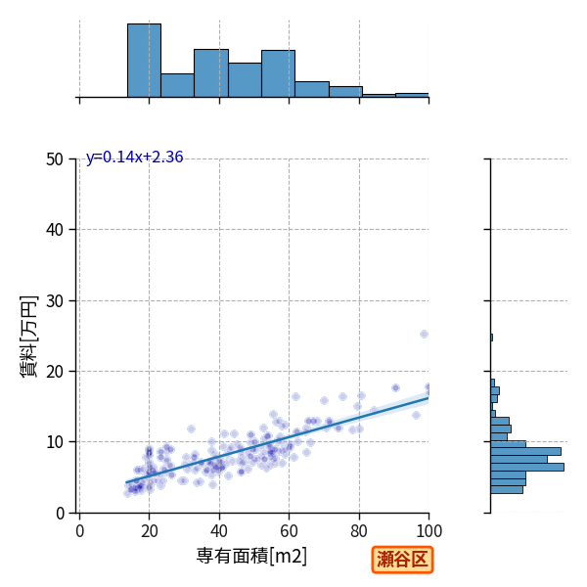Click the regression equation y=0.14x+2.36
pyautogui.click(x=134, y=158)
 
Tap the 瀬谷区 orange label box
pyautogui.click(x=402, y=560)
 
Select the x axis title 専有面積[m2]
pyautogui.click(x=251, y=556)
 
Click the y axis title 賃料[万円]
pyautogui.click(x=28, y=337)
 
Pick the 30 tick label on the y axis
pyautogui.click(x=55, y=301)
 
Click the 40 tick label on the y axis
pyautogui.click(x=55, y=230)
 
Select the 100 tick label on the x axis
pyautogui.click(x=429, y=531)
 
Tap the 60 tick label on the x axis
pyautogui.click(x=289, y=531)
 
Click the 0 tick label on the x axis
pyautogui.click(x=80, y=531)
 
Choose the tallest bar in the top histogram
pyautogui.click(x=144, y=61)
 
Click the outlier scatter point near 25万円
pyautogui.click(x=424, y=334)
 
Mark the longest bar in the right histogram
pyautogui.click(x=527, y=467)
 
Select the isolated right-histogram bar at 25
pyautogui.click(x=491, y=338)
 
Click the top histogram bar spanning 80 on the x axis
pyautogui.click(x=345, y=92)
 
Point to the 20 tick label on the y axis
pyautogui.click(x=55, y=372)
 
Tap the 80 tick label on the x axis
pyautogui.click(x=359, y=531)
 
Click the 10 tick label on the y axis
pyautogui.click(x=55, y=442)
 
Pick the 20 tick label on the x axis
pyautogui.click(x=150, y=531)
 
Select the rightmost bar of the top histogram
pyautogui.click(x=412, y=96)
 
